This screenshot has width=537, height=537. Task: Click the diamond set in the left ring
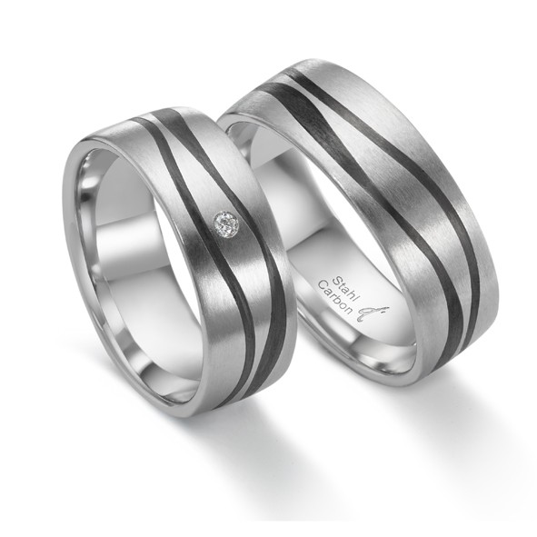(x=226, y=223)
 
